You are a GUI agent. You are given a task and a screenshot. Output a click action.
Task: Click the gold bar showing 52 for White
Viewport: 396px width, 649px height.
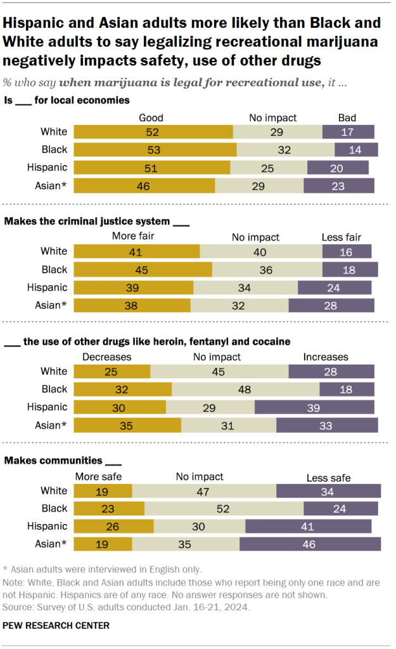coord(153,132)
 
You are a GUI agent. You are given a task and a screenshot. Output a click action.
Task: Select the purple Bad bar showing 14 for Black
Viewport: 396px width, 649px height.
coord(356,150)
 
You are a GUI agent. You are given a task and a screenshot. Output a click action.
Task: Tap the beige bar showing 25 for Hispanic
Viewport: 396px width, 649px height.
coord(269,167)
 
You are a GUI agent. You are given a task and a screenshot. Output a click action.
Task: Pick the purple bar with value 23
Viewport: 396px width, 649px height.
coord(339,185)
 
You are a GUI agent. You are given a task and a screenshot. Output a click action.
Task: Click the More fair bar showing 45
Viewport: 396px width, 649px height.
coord(143,269)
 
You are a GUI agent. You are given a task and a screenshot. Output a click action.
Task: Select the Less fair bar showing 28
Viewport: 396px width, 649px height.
coord(331,305)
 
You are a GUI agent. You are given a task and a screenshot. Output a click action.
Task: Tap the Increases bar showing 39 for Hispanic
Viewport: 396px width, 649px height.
coord(314,407)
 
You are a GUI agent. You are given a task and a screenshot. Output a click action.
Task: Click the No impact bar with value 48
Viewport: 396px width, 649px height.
coord(245,389)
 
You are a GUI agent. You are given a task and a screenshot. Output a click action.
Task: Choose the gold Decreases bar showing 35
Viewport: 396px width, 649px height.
coord(127,424)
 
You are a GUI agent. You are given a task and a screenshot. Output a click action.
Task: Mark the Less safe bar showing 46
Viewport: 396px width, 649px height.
coord(310,544)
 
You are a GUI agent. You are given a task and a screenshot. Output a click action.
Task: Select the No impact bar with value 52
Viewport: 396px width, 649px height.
coord(224,508)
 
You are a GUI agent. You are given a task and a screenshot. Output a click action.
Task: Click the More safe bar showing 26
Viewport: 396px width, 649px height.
coord(114,526)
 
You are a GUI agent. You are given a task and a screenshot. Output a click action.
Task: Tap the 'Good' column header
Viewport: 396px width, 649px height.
coord(151,117)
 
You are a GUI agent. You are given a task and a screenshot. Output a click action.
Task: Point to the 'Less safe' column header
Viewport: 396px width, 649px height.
coord(328,478)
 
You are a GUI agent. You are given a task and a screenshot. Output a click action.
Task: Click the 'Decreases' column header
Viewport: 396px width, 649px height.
coord(106,357)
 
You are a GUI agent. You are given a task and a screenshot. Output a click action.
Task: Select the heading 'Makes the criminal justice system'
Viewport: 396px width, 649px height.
coord(89,221)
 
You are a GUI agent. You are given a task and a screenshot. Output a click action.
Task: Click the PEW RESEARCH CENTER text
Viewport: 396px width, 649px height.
coord(56,626)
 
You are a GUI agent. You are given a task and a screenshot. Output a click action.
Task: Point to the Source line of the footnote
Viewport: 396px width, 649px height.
coord(126,606)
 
